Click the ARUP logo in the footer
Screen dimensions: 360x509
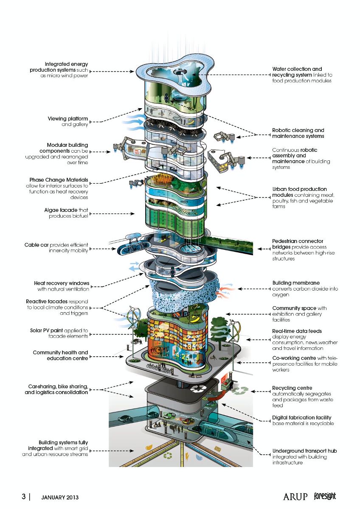pyautogui.click(x=295, y=497)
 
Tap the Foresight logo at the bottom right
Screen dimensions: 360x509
pyautogui.click(x=325, y=496)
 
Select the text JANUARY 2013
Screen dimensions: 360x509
pyautogui.click(x=60, y=497)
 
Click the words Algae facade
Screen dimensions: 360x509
pyautogui.click(x=61, y=210)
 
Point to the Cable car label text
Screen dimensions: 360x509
pyautogui.click(x=37, y=245)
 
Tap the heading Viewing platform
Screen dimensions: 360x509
pyautogui.click(x=68, y=119)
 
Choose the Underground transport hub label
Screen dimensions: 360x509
pyautogui.click(x=304, y=451)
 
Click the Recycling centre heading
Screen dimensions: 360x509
pyautogui.click(x=292, y=388)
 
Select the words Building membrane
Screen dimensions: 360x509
pyautogui.click(x=296, y=283)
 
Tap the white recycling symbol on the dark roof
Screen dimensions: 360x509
pyautogui.click(x=198, y=389)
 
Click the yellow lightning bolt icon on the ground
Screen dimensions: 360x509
pyautogui.click(x=187, y=456)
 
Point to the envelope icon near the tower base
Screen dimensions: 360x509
pyautogui.click(x=218, y=449)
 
